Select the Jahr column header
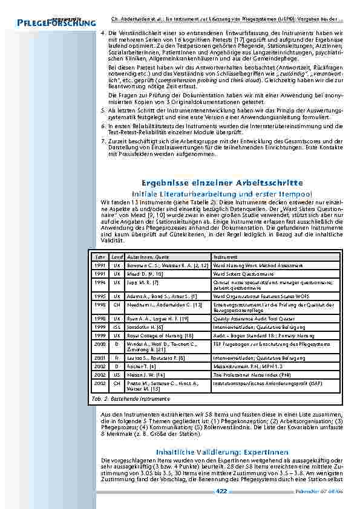(x=100, y=257)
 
